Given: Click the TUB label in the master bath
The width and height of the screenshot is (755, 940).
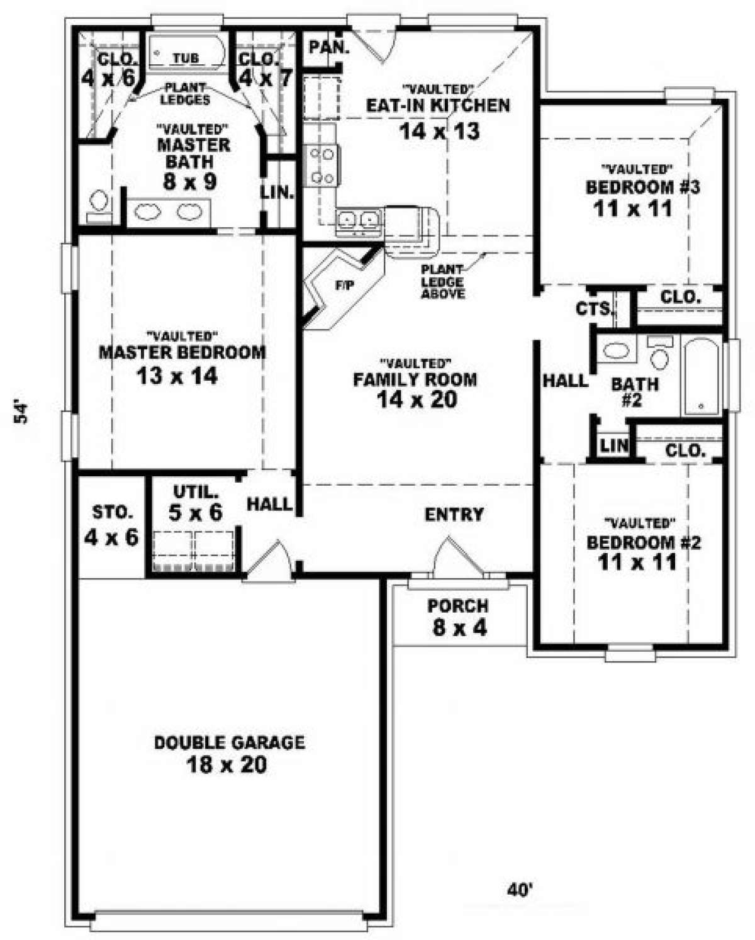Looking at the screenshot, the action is point(186,58).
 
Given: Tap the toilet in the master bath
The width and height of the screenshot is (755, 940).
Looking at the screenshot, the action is point(99,206).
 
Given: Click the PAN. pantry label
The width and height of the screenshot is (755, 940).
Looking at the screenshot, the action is point(329,47).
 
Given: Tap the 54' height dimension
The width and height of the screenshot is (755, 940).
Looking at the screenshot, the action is point(21,413).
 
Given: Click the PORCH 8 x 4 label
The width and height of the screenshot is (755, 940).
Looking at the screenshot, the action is point(458,617).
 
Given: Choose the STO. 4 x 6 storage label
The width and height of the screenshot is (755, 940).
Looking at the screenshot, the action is point(111,525).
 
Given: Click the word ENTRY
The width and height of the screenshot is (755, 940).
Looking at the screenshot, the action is point(454,515).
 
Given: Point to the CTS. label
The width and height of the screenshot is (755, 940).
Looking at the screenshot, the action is point(593,310).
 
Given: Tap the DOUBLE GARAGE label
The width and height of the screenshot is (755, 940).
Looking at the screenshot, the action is point(230,742).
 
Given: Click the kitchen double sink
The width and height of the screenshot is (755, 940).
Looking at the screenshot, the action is point(358,218).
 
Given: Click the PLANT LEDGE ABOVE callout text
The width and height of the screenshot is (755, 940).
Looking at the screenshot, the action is point(442,282).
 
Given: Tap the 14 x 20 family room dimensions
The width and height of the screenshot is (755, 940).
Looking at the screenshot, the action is point(417,400).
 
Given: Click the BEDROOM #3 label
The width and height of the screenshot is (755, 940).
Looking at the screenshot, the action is point(643,187).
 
